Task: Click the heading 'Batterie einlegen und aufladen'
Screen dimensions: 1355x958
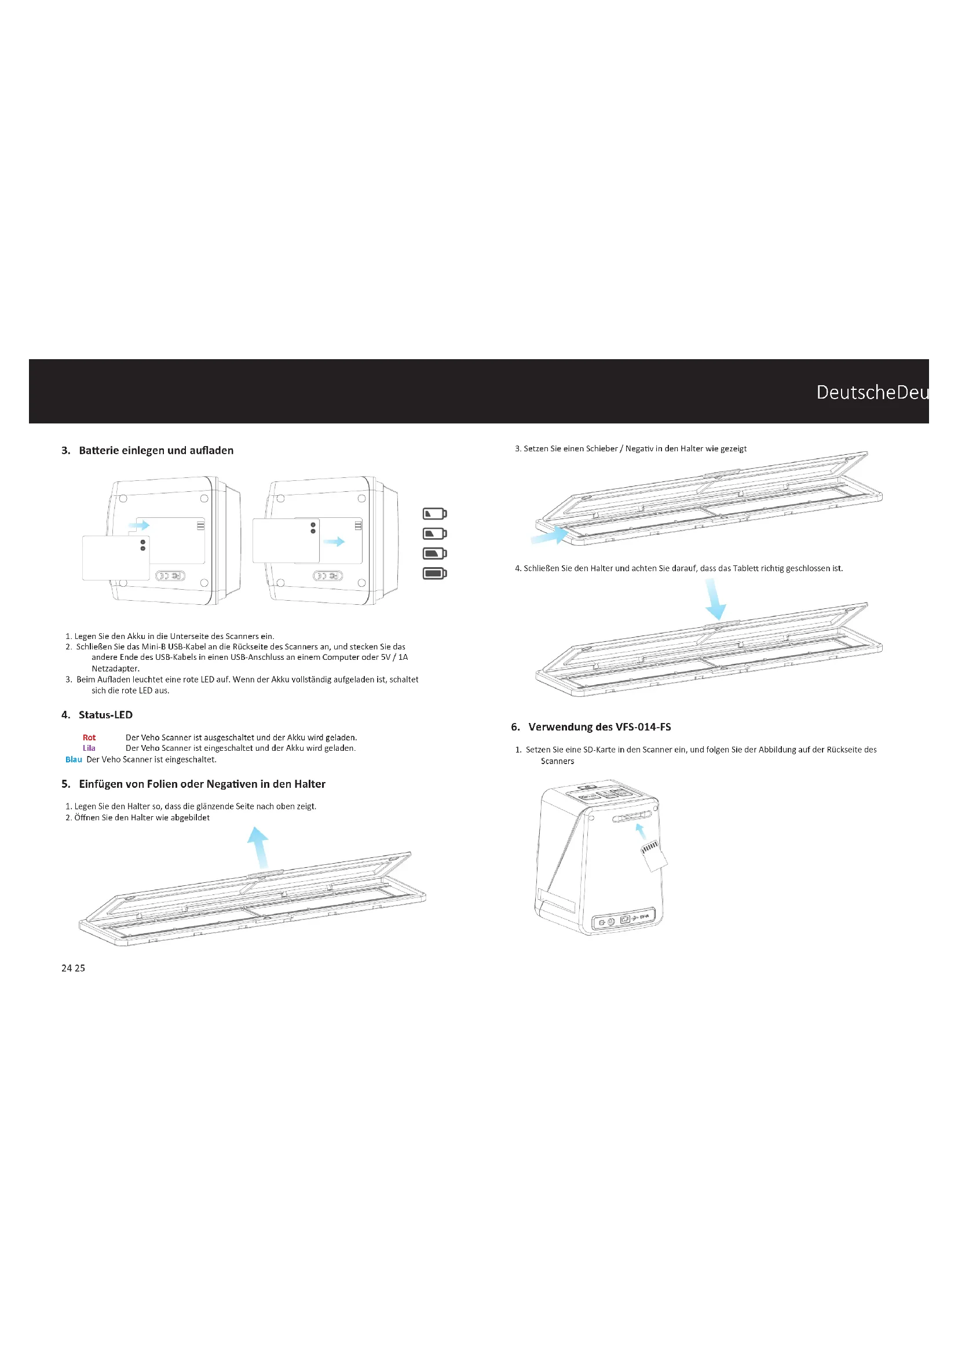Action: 156,450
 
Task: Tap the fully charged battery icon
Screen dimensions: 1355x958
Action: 434,573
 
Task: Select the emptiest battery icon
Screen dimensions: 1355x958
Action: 434,513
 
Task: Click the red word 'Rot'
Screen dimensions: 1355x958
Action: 89,737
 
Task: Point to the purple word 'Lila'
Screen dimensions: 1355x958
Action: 89,748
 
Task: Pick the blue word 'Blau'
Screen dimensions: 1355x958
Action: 74,759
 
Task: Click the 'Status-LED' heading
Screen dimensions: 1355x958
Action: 105,715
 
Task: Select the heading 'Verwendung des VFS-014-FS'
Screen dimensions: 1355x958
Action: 599,726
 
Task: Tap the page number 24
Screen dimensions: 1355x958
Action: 67,968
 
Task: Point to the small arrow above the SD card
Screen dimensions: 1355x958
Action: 640,831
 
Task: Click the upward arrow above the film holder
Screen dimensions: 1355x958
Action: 259,847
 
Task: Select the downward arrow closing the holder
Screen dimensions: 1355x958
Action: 715,599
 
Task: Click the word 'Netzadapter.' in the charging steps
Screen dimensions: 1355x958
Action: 116,668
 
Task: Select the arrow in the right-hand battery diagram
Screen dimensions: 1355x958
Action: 334,541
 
